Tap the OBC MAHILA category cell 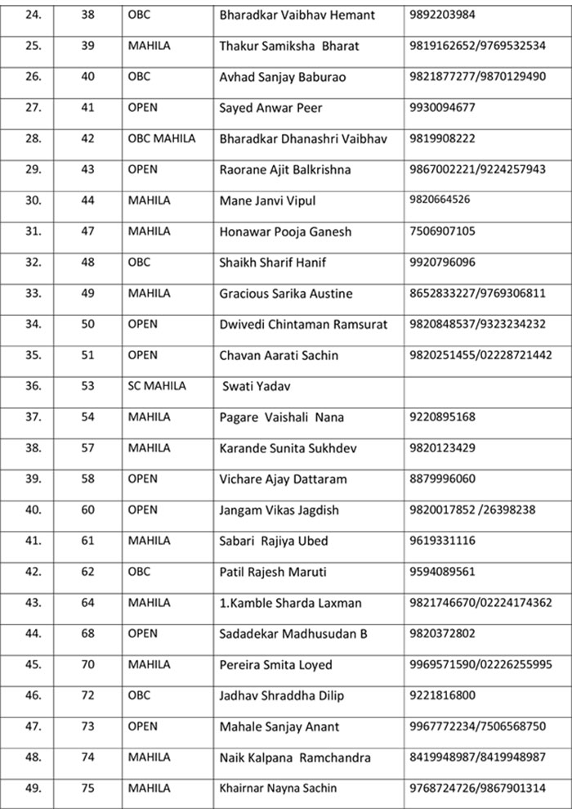[161, 138]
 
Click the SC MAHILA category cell [157, 386]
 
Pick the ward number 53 [88, 386]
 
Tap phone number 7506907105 [443, 231]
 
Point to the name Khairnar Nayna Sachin [278, 789]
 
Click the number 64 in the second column [88, 603]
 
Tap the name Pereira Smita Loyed [275, 665]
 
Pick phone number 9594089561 [443, 572]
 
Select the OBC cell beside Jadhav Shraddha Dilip [139, 696]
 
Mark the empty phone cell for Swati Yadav [486, 386]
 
